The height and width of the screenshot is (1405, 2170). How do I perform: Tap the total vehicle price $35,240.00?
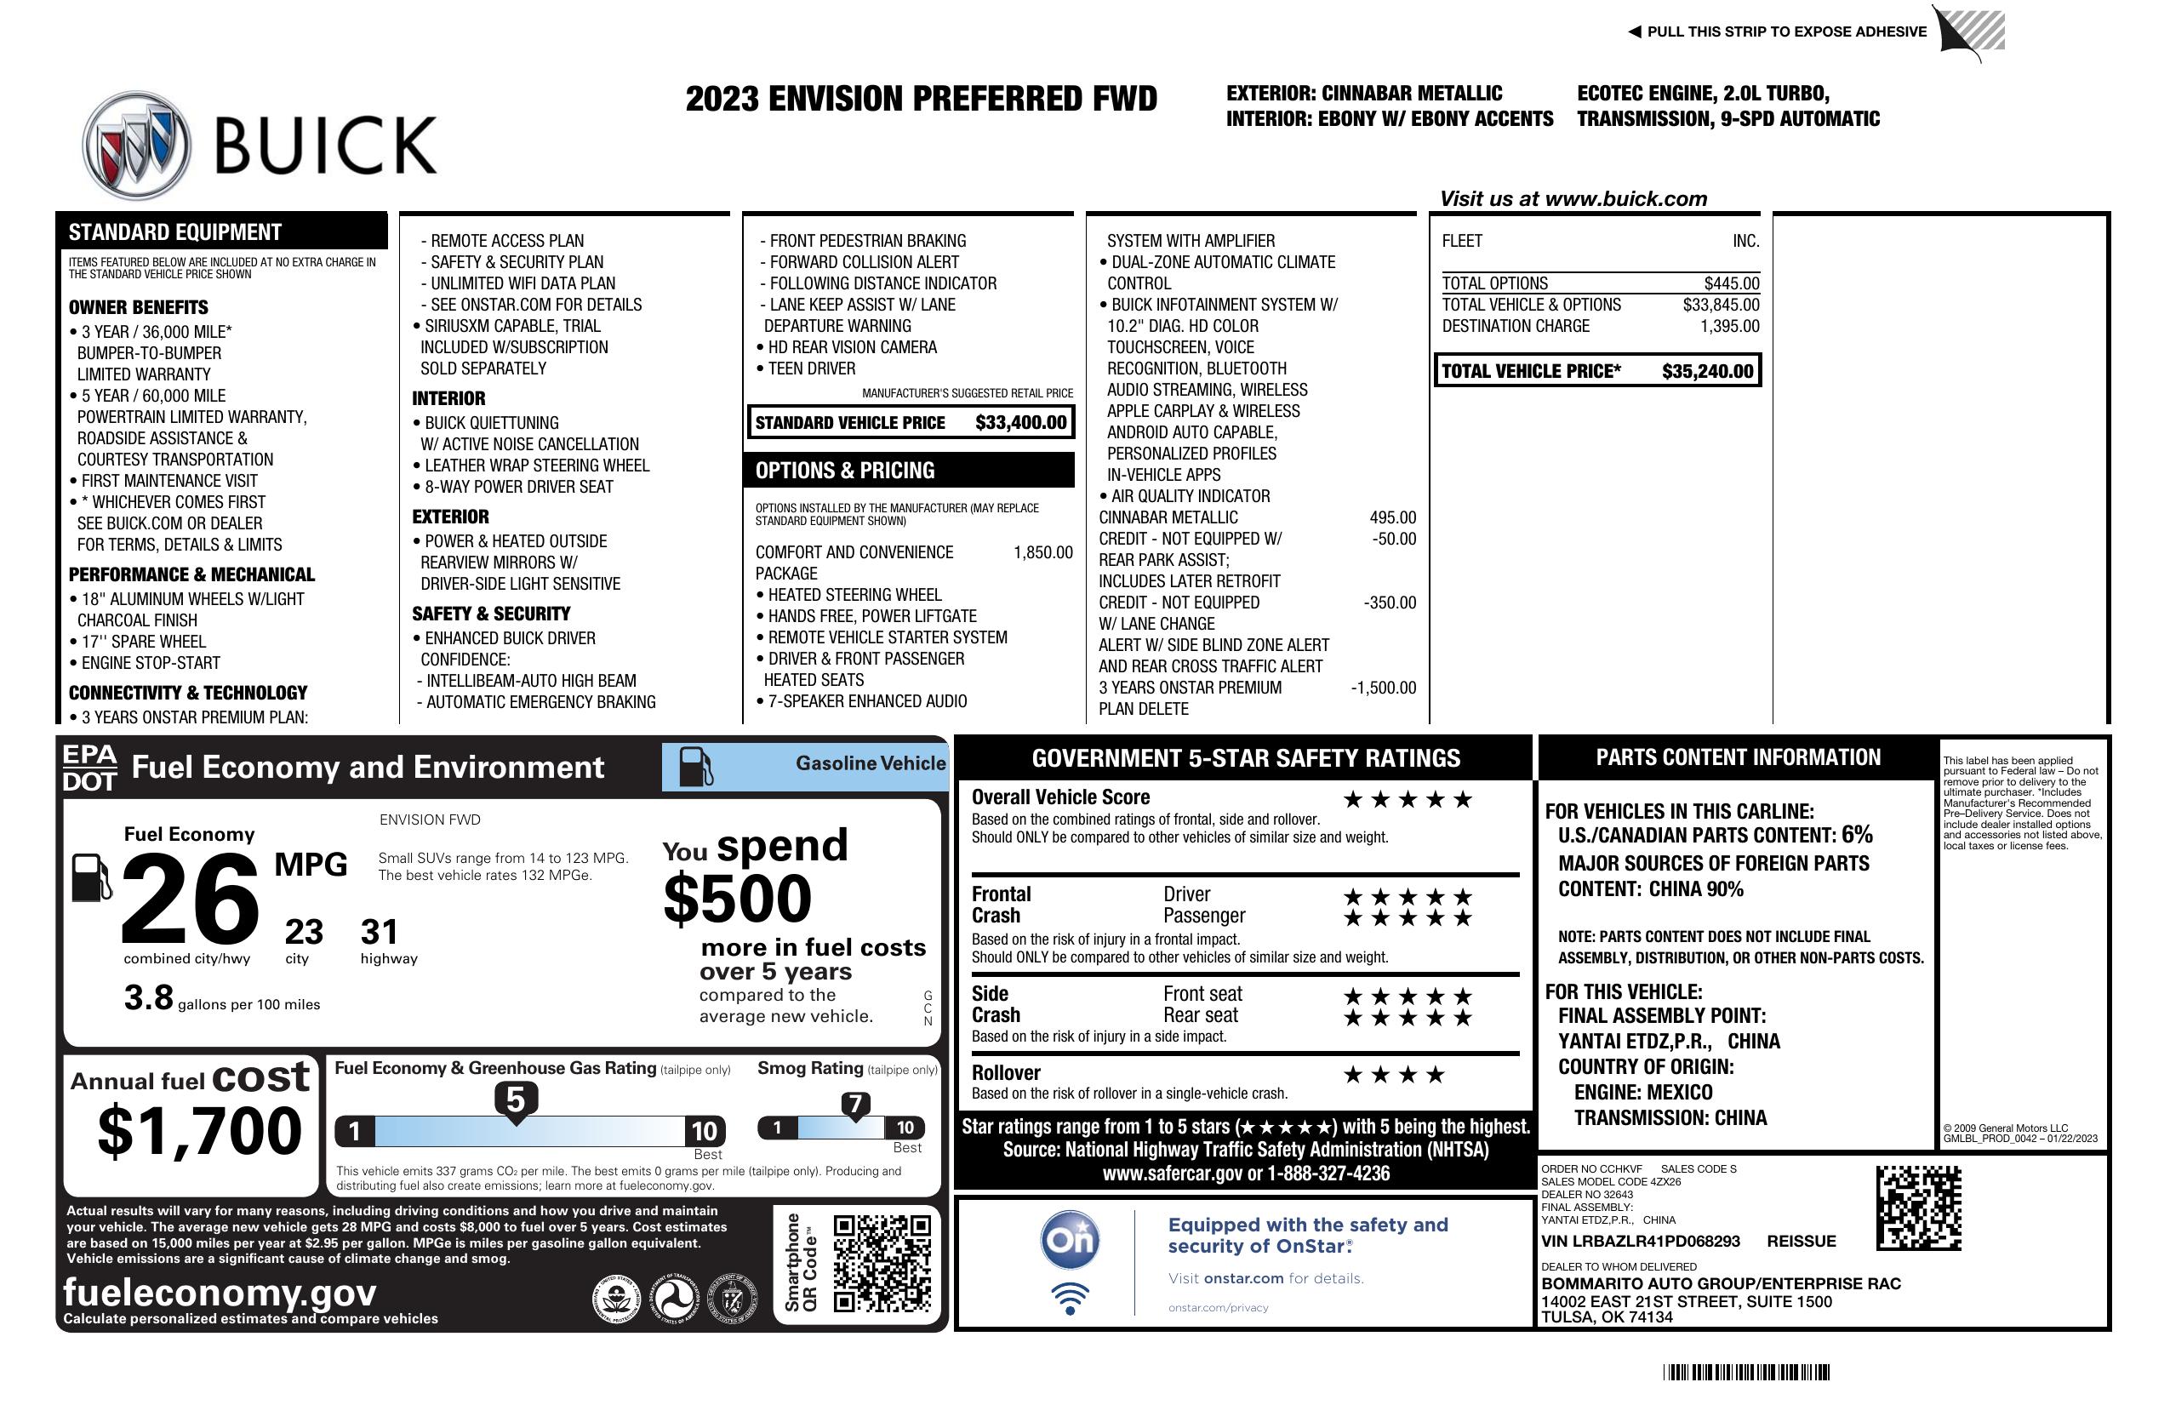(1707, 371)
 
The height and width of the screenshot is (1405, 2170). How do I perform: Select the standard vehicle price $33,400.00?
(1020, 422)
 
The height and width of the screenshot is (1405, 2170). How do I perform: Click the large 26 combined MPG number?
(190, 898)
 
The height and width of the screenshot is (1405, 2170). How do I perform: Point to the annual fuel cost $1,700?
(199, 1131)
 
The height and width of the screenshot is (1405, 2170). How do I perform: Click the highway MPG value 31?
(380, 932)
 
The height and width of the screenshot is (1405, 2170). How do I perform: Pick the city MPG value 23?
(304, 932)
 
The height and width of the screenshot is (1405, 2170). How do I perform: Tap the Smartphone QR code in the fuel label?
(882, 1263)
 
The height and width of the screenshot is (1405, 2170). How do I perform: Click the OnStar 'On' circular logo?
(1071, 1240)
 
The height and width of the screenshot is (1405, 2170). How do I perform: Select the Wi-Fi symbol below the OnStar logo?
(1071, 1298)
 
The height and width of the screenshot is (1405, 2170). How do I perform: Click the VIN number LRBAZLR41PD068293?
(1641, 1241)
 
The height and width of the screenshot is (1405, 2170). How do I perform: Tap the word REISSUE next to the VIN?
(1801, 1241)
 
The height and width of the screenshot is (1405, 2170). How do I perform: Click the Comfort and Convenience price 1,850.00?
(1042, 552)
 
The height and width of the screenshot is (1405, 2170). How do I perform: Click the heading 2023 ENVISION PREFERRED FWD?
(921, 99)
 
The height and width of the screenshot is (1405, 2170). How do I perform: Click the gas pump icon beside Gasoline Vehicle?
(696, 767)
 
